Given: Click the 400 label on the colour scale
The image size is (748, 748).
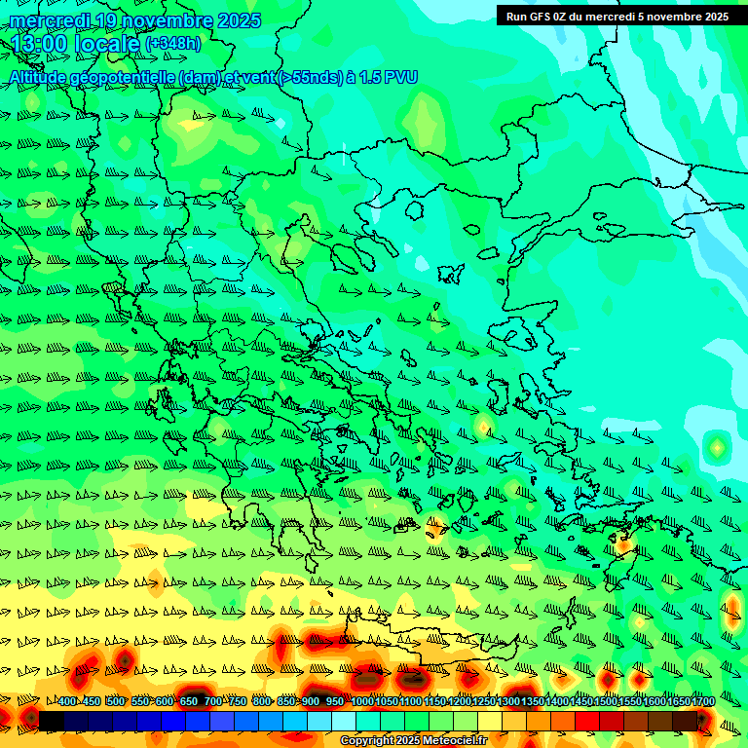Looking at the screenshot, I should (67, 701).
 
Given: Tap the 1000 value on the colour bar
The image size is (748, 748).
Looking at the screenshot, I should (361, 701).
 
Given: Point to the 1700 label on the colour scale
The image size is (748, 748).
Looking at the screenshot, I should (678, 701).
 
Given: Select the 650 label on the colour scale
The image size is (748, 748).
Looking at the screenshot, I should (189, 701).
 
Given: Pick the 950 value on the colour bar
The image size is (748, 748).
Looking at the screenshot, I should (335, 701).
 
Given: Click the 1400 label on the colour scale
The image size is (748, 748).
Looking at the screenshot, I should (557, 701).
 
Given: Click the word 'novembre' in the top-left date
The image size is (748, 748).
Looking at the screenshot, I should (156, 20).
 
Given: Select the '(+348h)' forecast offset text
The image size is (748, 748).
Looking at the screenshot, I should (172, 45).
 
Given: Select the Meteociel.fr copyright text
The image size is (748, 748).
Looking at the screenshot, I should (413, 741).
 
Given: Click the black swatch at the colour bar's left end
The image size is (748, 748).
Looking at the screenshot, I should (51, 720).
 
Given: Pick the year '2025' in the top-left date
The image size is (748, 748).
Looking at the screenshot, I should (239, 20).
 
